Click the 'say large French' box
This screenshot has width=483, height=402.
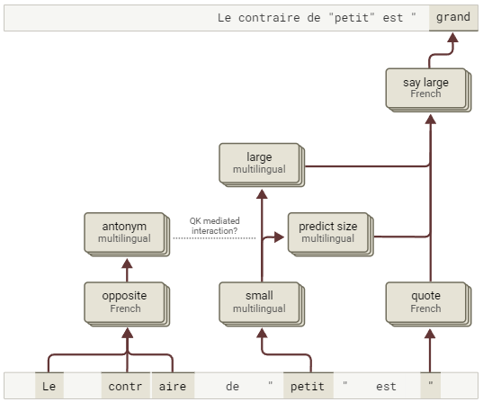tap(428, 90)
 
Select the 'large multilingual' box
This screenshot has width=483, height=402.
tap(262, 165)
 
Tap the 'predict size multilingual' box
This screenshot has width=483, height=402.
tap(331, 234)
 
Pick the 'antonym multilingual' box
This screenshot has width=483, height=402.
tap(127, 234)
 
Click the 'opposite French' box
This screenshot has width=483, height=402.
tap(127, 304)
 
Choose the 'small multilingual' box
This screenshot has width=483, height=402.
tap(262, 304)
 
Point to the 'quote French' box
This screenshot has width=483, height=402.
tap(428, 304)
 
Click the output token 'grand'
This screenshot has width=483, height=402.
tap(453, 18)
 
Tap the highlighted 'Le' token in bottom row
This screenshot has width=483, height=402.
tap(49, 386)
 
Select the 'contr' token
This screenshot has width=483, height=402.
tap(125, 386)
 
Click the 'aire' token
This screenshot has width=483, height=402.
tap(173, 386)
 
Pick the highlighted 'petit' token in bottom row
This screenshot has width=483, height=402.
tap(308, 386)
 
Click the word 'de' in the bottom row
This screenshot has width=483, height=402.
tap(233, 387)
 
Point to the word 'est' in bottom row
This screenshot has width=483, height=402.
tap(386, 387)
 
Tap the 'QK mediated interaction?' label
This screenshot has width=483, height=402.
tap(214, 226)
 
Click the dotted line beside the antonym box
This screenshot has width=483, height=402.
tap(214, 238)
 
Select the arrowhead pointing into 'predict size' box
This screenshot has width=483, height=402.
tap(279, 237)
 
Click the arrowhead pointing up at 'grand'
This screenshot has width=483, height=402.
tap(452, 38)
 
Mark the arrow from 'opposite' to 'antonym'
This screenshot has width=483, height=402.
tap(127, 270)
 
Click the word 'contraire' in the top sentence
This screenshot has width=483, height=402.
tap(269, 18)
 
